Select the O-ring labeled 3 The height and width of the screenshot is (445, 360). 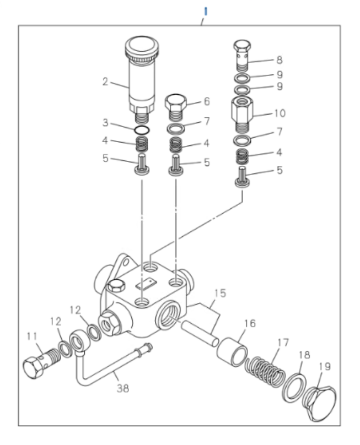(x=142, y=130)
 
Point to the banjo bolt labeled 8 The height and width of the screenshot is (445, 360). (x=241, y=53)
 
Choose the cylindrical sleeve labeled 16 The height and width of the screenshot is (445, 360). (x=232, y=352)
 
